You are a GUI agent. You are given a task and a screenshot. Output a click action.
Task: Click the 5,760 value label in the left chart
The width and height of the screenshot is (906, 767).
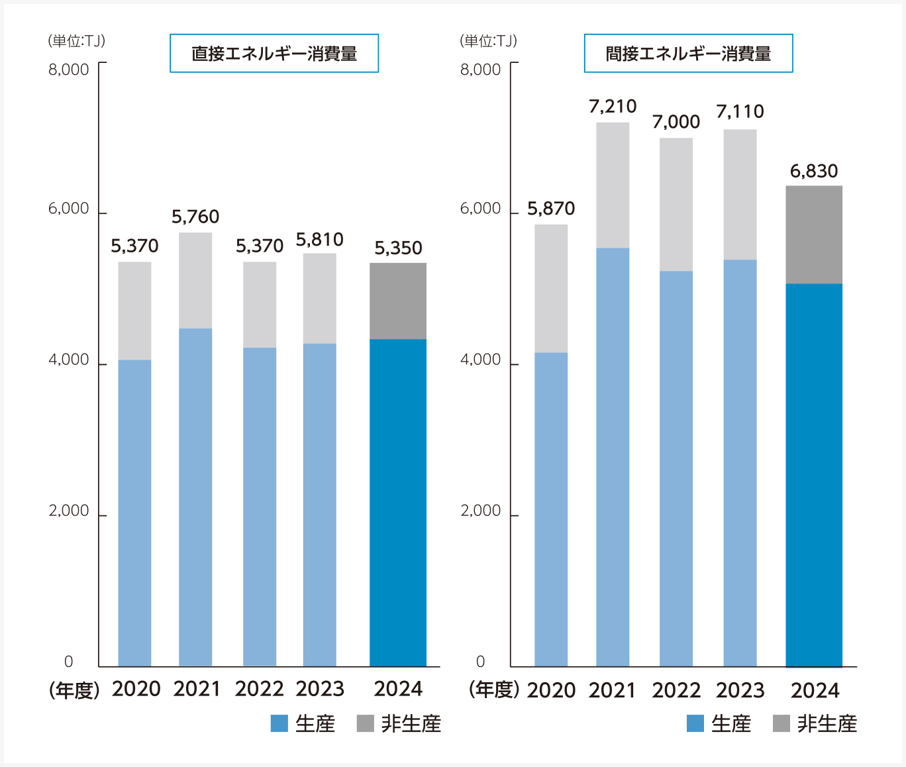(195, 217)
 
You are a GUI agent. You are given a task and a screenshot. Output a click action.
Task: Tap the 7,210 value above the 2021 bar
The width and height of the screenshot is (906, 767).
(613, 106)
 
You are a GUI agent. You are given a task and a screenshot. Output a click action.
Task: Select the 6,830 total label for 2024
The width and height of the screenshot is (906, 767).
(814, 171)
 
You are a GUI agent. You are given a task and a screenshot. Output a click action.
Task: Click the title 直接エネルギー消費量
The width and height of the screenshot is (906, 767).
(274, 54)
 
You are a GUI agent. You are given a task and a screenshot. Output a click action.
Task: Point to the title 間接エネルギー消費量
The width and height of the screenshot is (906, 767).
(688, 54)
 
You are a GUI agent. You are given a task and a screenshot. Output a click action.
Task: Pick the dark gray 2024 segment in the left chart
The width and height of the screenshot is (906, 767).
(397, 301)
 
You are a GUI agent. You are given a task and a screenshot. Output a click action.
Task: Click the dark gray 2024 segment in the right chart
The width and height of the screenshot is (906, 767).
(814, 234)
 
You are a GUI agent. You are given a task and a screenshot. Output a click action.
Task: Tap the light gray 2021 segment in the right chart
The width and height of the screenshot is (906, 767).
(613, 185)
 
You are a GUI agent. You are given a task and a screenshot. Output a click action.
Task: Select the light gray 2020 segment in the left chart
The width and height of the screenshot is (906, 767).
(134, 311)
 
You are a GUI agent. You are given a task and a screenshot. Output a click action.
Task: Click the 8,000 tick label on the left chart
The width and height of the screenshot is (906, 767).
(68, 70)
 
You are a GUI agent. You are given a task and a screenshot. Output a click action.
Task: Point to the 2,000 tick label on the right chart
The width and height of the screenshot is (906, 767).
(480, 511)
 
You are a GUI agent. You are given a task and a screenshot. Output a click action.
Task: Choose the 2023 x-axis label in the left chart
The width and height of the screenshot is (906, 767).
(320, 689)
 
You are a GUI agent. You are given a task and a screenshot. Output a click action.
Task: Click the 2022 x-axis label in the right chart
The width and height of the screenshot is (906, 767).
(676, 690)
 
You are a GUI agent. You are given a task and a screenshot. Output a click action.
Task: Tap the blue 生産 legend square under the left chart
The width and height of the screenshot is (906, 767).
(279, 723)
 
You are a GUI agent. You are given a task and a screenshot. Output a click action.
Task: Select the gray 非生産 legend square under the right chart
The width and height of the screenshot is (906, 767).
(781, 723)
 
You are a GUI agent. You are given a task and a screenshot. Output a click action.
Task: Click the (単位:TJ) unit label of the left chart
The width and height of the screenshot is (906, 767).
(76, 41)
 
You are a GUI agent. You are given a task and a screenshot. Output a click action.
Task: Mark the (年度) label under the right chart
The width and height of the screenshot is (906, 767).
(493, 690)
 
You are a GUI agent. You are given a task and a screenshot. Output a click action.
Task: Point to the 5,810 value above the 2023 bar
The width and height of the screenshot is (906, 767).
(319, 239)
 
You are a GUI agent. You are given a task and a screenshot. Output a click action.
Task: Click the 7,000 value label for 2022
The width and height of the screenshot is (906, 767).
(676, 122)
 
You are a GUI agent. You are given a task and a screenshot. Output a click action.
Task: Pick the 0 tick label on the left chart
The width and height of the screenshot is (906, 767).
(68, 661)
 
